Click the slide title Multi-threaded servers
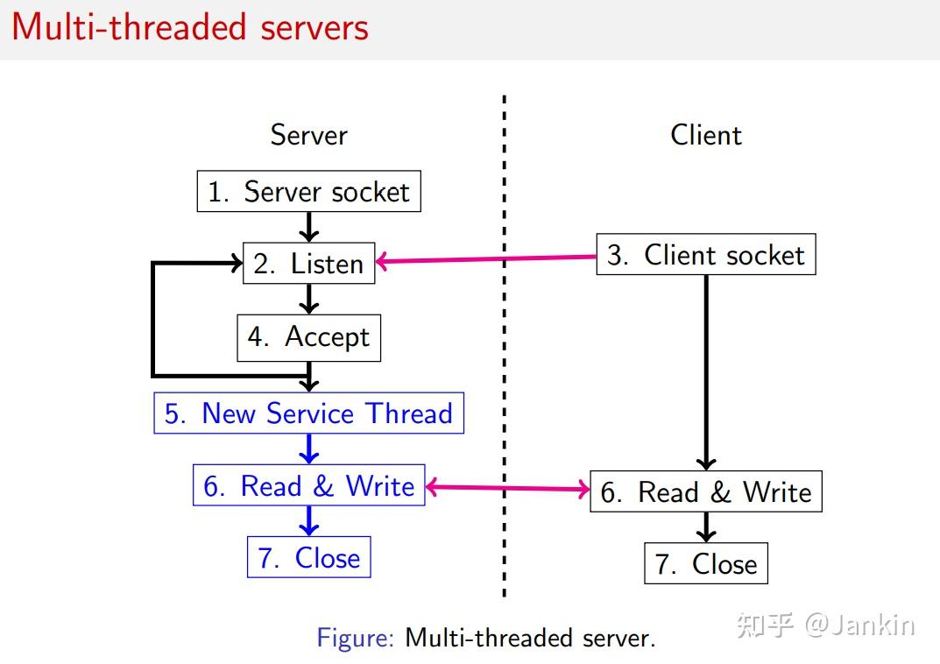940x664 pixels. point(190,28)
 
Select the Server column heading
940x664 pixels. point(308,135)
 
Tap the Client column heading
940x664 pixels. point(706,135)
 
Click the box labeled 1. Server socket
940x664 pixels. point(309,192)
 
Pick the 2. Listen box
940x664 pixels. point(309,264)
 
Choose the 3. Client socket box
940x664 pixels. point(706,255)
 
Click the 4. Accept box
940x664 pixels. point(309,337)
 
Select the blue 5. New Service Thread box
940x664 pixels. point(309,413)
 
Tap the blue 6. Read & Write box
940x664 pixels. point(309,485)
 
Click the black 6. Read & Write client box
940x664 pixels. point(706,491)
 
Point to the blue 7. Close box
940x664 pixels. point(309,557)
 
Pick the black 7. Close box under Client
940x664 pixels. point(706,563)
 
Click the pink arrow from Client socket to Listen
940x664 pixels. point(486,259)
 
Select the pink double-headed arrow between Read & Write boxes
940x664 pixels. point(508,488)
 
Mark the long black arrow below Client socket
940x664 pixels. point(706,368)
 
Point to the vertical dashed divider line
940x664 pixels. point(505,350)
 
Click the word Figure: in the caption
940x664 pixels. point(356,637)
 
